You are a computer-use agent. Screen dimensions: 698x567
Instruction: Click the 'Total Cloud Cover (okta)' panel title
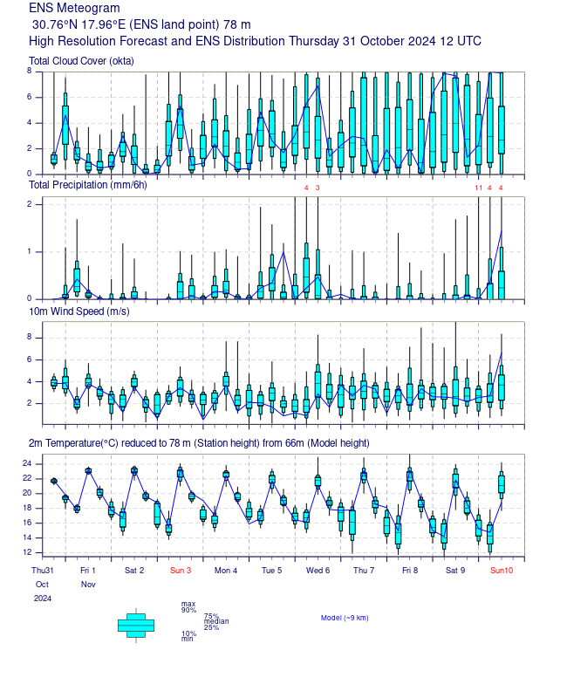[x=81, y=60]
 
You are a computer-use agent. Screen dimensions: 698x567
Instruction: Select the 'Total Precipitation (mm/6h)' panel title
[x=88, y=185]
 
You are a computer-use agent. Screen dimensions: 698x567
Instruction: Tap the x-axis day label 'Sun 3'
[x=181, y=571]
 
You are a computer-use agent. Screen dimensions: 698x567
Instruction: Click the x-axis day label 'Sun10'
[x=502, y=571]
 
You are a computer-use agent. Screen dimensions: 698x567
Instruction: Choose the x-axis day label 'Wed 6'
[x=318, y=571]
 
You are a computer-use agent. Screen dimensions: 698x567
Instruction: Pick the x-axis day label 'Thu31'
[x=42, y=571]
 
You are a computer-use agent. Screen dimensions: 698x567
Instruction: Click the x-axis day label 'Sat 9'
[x=455, y=571]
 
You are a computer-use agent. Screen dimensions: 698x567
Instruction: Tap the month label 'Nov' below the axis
[x=88, y=584]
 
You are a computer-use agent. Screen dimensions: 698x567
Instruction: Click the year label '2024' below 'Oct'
[x=43, y=599]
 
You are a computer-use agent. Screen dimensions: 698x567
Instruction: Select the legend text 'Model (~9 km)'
[x=345, y=618]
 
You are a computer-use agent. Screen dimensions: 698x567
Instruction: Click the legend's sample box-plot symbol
[x=136, y=624]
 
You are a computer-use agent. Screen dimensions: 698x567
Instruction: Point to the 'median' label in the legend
[x=215, y=621]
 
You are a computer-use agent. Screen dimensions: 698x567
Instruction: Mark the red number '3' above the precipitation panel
[x=318, y=188]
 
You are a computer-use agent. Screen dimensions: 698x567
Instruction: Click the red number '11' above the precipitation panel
[x=478, y=188]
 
